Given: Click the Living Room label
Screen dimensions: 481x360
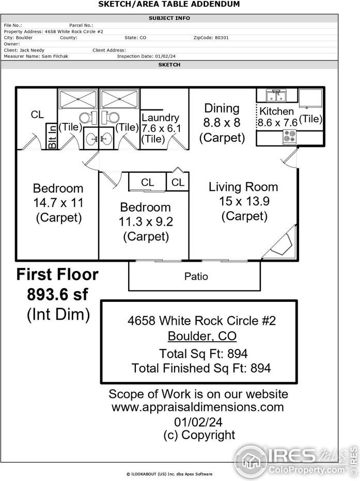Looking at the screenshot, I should (243, 187).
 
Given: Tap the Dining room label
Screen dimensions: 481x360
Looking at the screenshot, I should (222, 108).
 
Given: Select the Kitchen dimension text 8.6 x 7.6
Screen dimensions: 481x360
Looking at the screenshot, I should (278, 123).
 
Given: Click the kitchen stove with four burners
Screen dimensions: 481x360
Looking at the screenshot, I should (290, 137).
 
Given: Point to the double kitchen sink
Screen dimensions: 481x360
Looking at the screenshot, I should (276, 95).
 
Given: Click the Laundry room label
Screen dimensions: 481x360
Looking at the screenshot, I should (160, 118).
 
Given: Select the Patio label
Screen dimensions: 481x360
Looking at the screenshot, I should (196, 277).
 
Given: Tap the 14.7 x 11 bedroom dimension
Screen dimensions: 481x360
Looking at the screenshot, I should (58, 203).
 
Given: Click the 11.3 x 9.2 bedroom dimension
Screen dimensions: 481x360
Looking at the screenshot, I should (145, 222).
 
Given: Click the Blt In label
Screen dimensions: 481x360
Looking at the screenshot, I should (52, 136).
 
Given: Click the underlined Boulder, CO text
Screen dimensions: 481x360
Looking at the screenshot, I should (202, 336).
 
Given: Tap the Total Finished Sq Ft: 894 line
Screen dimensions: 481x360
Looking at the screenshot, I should (201, 368).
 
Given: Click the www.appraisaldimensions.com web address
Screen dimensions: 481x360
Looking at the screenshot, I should (198, 407).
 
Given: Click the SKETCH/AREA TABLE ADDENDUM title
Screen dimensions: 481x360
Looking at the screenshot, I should (169, 4).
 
